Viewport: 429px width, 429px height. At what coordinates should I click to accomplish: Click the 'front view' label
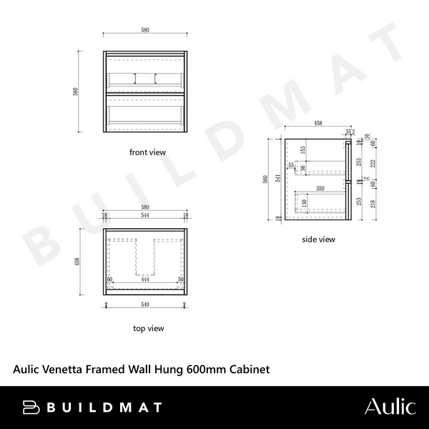[147, 152]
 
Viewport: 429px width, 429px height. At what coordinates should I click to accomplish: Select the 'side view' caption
[318, 240]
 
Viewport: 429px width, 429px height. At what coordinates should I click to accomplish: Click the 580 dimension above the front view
[145, 31]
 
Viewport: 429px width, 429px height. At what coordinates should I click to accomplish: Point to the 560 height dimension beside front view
[85, 92]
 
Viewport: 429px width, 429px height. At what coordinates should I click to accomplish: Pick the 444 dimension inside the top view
[145, 280]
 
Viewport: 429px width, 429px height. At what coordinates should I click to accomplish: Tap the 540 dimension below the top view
[145, 305]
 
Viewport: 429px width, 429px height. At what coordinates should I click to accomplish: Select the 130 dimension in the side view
[304, 203]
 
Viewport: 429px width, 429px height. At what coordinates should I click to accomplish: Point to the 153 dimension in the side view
[302, 150]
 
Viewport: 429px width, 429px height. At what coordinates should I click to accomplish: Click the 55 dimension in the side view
[291, 165]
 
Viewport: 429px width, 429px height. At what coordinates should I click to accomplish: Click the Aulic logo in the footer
[390, 407]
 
